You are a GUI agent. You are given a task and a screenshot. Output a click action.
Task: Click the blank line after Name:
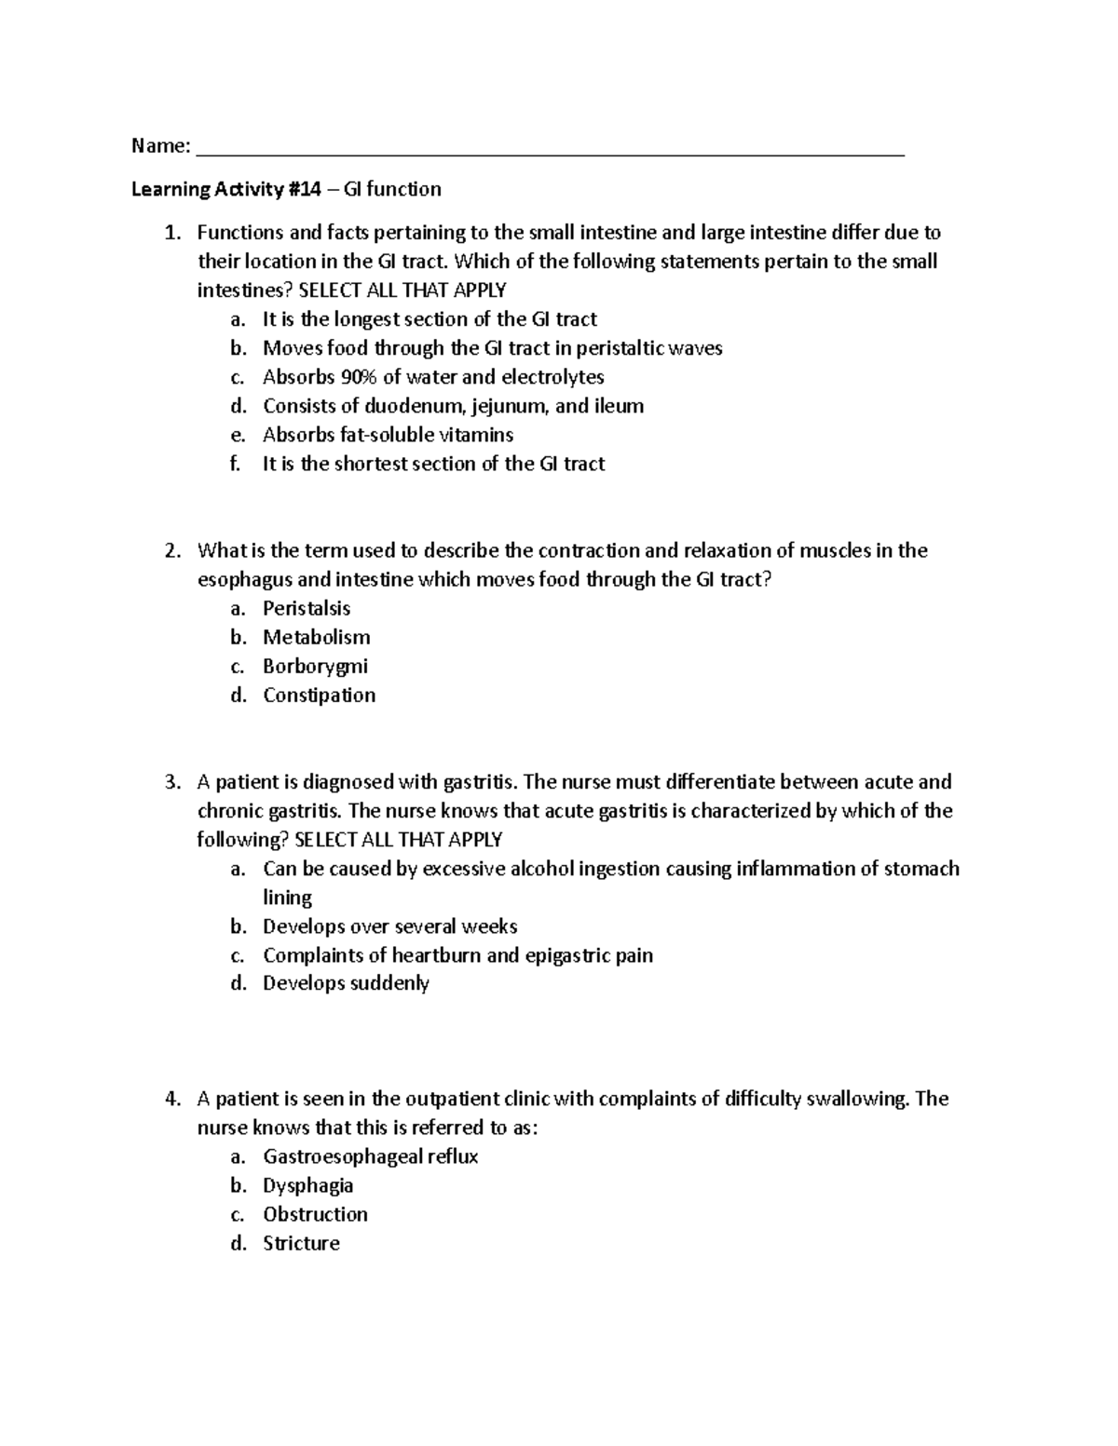[x=550, y=149]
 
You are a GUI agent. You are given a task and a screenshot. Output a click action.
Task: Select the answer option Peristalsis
[x=307, y=609]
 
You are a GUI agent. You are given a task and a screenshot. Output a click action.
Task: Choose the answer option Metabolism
[x=316, y=638]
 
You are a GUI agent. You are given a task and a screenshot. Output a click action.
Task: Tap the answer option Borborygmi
[x=315, y=667]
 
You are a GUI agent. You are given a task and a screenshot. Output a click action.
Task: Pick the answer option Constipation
[x=319, y=696]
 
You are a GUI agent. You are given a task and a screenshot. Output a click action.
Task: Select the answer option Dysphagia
[x=307, y=1186]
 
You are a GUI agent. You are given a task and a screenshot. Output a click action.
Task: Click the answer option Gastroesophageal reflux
[x=370, y=1157]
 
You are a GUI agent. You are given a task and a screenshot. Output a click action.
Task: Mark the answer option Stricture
[x=301, y=1244]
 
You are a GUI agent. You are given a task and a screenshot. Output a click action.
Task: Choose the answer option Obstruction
[x=315, y=1215]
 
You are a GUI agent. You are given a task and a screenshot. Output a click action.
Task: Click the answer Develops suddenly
[x=346, y=984]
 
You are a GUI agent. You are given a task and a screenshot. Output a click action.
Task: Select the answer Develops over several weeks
[x=389, y=927]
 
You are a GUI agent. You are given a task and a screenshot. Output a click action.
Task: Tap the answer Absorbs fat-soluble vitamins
[x=388, y=436]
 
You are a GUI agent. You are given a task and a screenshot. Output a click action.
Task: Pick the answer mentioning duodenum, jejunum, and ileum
[x=453, y=407]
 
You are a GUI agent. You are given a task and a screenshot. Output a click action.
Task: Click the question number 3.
[x=171, y=782]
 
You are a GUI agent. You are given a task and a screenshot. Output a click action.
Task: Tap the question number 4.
[x=171, y=1100]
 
